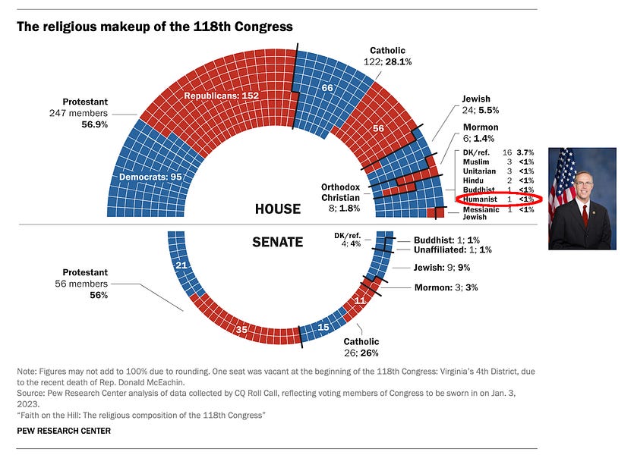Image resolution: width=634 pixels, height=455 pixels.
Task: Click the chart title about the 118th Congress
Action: click(154, 27)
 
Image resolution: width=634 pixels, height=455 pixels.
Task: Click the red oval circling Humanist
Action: click(497, 199)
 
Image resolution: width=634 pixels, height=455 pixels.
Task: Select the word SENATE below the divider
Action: click(278, 243)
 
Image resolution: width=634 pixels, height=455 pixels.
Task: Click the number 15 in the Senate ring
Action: click(323, 328)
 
